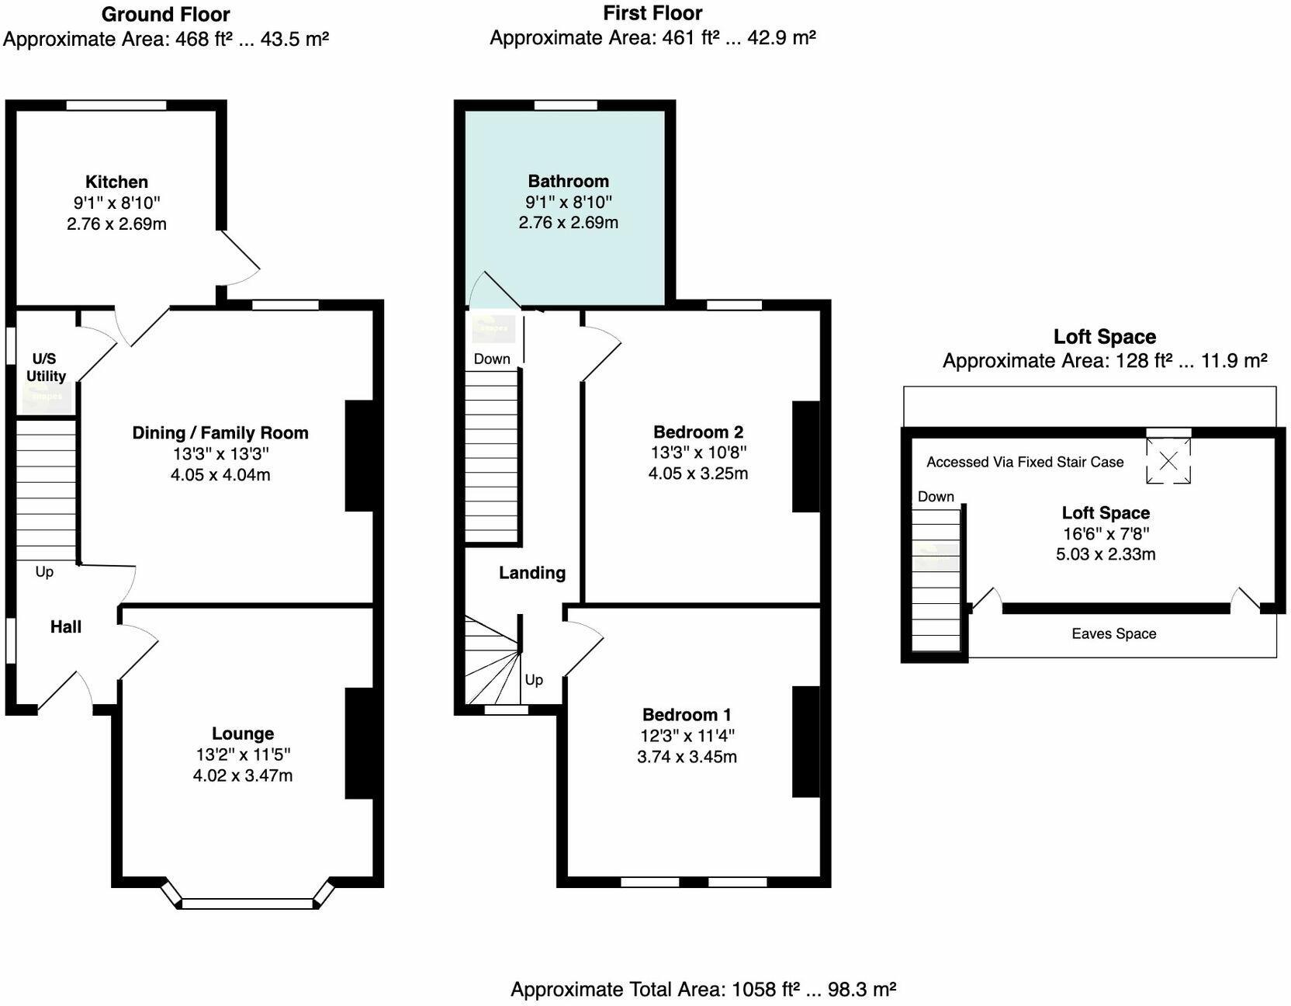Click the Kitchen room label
tap(116, 182)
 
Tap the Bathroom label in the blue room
tap(568, 181)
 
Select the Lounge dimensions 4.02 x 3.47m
tap(242, 775)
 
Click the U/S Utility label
tap(46, 367)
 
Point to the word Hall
tap(65, 626)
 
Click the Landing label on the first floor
tap(531, 573)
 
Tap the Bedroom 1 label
tap(686, 714)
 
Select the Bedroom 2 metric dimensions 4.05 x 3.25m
tap(697, 474)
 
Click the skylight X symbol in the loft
tap(1168, 461)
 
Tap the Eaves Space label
tap(1113, 633)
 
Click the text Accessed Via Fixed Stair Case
tap(1024, 462)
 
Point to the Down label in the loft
tap(936, 497)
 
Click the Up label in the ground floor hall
tap(44, 571)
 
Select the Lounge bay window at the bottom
tap(247, 903)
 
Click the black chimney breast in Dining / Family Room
tap(359, 456)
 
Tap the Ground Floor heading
tap(165, 14)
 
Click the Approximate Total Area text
tap(703, 989)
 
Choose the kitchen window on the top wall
tap(116, 106)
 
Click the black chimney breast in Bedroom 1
tap(806, 741)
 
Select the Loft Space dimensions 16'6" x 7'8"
tap(1106, 533)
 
